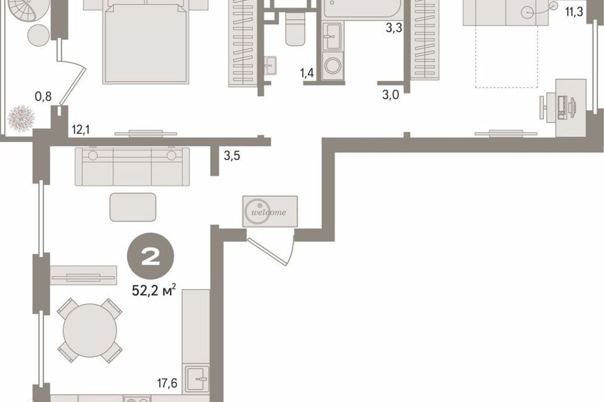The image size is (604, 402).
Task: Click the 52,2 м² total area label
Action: [154, 290]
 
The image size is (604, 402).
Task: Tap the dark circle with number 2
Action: [150, 256]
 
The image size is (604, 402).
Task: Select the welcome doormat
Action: [270, 211]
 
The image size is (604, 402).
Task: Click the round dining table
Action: [90, 330]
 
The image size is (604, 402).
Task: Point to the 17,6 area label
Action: [167, 383]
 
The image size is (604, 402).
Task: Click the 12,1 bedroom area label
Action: [81, 129]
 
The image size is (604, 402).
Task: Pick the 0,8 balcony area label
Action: [43, 96]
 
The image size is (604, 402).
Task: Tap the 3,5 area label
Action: [232, 156]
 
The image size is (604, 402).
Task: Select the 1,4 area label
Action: [307, 73]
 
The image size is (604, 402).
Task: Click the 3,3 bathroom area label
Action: [394, 28]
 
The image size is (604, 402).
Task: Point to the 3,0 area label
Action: [390, 95]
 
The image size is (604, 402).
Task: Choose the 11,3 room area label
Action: [574, 12]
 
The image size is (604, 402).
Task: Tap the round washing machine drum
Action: [333, 65]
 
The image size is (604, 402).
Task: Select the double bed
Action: [145, 41]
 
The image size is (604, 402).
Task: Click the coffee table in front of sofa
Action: [133, 207]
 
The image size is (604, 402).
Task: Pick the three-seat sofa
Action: [132, 166]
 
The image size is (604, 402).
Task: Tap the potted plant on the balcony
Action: [21, 119]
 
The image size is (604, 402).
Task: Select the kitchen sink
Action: [197, 379]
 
